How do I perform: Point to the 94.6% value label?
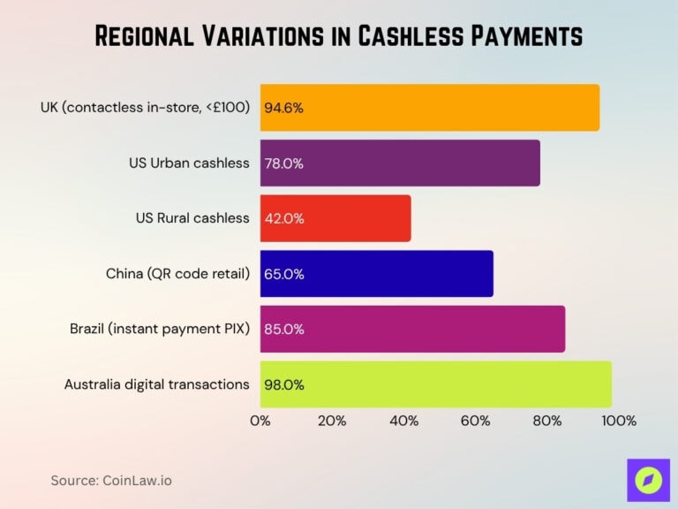(x=283, y=108)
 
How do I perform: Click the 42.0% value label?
(x=284, y=218)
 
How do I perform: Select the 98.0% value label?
(x=284, y=384)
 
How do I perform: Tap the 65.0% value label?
(x=284, y=274)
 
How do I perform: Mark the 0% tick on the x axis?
(x=260, y=421)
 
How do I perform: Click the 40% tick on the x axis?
(x=403, y=421)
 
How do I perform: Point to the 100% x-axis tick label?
(x=618, y=421)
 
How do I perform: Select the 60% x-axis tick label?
(x=475, y=421)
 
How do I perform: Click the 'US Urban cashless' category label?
(x=189, y=163)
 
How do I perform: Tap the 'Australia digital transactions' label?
(x=157, y=384)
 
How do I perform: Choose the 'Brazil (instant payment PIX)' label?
(x=160, y=329)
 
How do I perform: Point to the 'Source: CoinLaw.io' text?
(x=110, y=480)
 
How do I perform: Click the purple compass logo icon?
(x=649, y=481)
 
